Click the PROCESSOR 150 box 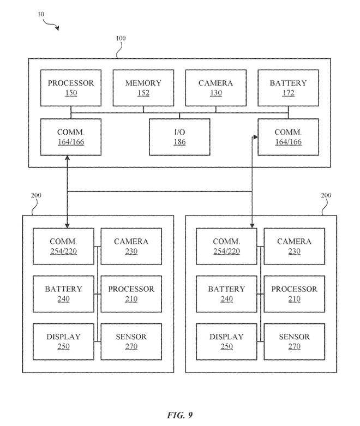[x=71, y=88]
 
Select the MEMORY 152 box [x=143, y=88]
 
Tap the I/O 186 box [x=179, y=137]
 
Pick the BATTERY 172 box [x=288, y=88]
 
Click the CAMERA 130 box [x=216, y=88]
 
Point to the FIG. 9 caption [x=179, y=415]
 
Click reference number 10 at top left [x=41, y=14]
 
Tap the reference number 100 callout [x=121, y=38]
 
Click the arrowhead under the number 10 [x=57, y=27]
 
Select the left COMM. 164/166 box [x=71, y=137]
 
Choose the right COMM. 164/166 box [x=288, y=137]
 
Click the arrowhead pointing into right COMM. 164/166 [x=255, y=137]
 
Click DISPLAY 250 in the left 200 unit [x=63, y=341]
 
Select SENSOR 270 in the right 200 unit [x=294, y=341]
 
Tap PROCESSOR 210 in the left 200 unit [x=131, y=294]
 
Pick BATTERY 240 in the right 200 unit [x=226, y=294]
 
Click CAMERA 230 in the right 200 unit [x=294, y=246]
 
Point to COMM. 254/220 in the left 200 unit [x=63, y=246]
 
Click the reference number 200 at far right [x=326, y=195]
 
